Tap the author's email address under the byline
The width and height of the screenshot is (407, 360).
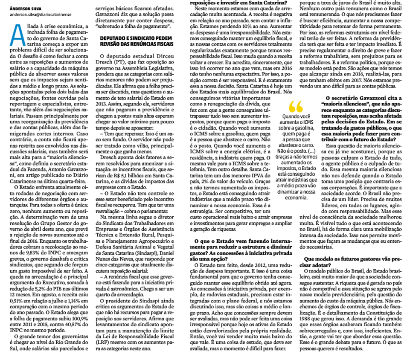(x=38, y=14)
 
